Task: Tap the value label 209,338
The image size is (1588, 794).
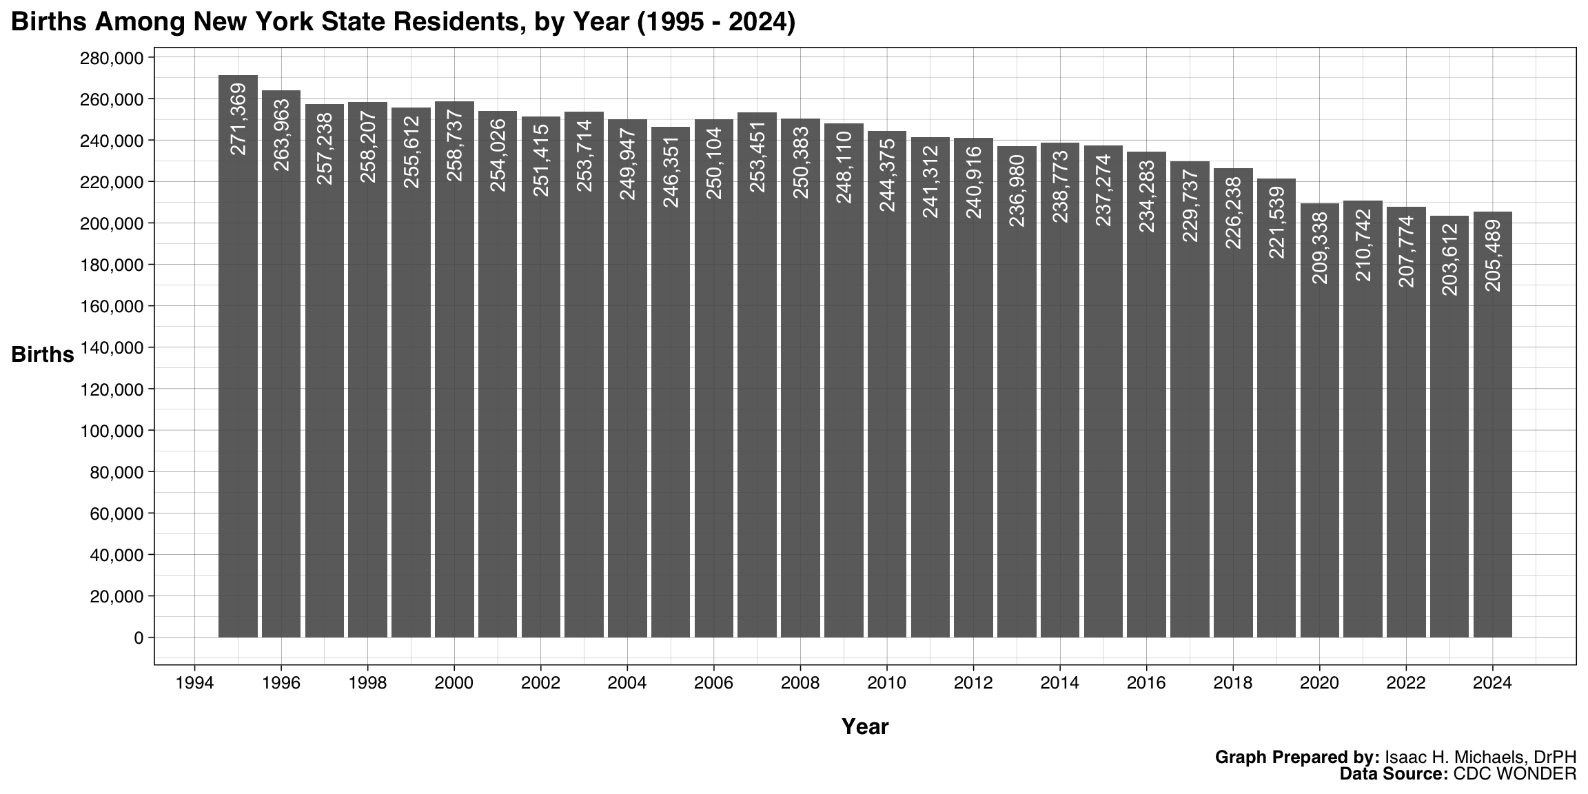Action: (x=1320, y=247)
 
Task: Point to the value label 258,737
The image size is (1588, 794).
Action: (x=455, y=145)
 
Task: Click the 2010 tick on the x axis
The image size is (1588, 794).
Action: (x=886, y=683)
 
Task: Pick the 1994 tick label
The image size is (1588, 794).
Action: (x=194, y=683)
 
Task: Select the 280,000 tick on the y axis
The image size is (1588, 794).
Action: (x=111, y=58)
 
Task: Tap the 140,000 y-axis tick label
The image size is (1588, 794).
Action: (x=111, y=348)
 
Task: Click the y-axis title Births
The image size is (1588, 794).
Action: (x=43, y=354)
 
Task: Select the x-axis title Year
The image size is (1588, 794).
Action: (x=864, y=726)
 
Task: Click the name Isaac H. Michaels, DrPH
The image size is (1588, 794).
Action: (x=1480, y=757)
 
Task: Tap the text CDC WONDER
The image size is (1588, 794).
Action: (x=1514, y=774)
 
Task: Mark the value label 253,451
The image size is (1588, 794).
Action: (x=757, y=156)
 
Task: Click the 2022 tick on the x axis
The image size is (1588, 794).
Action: (x=1406, y=683)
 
